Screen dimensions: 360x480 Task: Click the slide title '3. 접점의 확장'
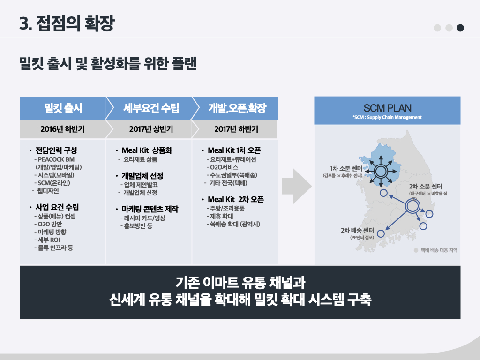(x=67, y=23)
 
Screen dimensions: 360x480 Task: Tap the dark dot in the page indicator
(x=460, y=28)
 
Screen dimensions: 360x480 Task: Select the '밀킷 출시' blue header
(x=63, y=108)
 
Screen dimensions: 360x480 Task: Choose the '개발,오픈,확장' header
(x=237, y=108)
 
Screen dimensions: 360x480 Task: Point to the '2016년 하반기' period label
(x=63, y=129)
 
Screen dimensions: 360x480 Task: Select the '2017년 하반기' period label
(x=236, y=129)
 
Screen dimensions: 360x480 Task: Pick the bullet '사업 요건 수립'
(x=57, y=207)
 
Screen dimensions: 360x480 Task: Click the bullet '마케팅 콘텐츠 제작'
(x=150, y=209)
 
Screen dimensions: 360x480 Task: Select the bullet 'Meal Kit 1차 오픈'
(x=234, y=150)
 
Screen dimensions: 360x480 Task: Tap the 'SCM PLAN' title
(x=387, y=108)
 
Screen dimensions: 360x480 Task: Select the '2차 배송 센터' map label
(x=357, y=230)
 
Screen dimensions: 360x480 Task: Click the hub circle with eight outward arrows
(x=380, y=170)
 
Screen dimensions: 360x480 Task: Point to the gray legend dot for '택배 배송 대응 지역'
(x=416, y=250)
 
